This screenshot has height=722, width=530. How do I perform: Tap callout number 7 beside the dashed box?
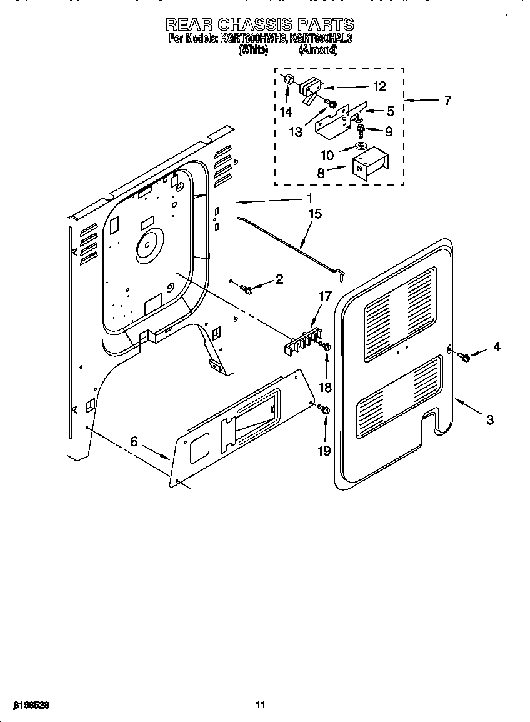[447, 100]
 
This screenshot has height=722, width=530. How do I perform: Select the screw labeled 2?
[247, 289]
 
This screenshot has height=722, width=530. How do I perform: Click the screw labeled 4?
[464, 356]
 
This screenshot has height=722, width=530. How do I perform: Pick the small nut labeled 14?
[289, 81]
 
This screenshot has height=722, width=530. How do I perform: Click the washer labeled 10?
[361, 146]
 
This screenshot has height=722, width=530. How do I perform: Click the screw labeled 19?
[324, 409]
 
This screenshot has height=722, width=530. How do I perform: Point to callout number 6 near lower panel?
[133, 441]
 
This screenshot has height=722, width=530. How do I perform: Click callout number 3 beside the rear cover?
[489, 420]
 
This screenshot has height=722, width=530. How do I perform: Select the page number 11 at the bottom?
[261, 705]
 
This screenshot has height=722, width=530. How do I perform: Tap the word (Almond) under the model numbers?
[318, 51]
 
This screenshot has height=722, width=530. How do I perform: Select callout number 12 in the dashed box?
[379, 86]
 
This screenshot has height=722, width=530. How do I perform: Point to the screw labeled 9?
[361, 131]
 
